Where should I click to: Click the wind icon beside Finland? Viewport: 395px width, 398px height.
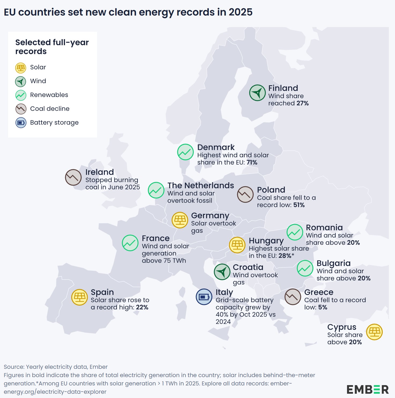257,93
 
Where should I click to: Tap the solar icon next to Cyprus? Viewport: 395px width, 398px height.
374,332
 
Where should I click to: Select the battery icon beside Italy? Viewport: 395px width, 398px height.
204,297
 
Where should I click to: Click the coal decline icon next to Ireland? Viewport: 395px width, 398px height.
73,177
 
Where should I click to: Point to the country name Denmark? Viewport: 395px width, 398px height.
216,147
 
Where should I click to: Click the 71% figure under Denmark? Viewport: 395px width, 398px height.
252,162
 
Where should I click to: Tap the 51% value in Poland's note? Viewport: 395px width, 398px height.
299,205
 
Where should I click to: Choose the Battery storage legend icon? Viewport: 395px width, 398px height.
21,123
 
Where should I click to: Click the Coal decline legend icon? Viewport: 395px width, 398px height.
21,109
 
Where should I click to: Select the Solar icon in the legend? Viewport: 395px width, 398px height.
21,68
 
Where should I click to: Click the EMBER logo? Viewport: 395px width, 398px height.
367,389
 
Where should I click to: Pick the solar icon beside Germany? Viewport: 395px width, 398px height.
180,220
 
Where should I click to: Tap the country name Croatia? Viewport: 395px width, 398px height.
248,267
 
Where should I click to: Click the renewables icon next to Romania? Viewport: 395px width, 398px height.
295,232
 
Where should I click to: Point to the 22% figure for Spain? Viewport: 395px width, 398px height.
142,307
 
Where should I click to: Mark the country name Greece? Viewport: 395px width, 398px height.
319,292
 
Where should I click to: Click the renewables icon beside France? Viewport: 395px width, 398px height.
130,243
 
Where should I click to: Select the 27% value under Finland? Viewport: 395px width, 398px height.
303,103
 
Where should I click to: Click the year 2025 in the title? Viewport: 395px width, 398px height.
240,12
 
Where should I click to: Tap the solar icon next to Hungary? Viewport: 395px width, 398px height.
237,245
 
